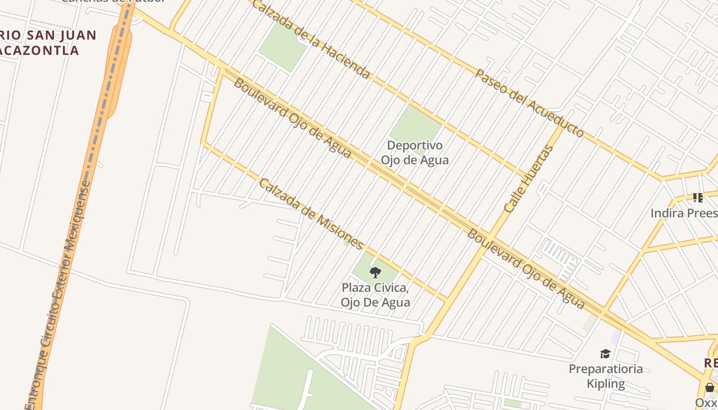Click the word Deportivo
click(415, 146)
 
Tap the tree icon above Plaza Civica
click(375, 272)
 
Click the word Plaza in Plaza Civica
click(357, 288)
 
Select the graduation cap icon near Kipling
click(605, 354)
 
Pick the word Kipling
click(606, 383)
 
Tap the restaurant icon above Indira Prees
click(697, 197)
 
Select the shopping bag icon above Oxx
click(709, 387)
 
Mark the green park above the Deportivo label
click(416, 124)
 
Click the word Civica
click(394, 288)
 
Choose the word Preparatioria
click(606, 369)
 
